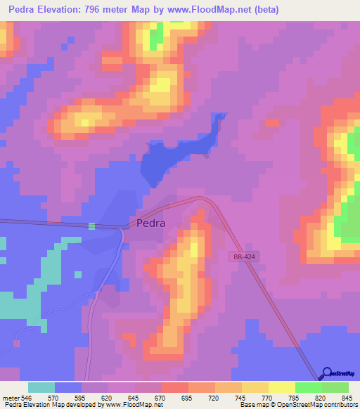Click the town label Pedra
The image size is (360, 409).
click(x=148, y=223)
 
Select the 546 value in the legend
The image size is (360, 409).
click(x=25, y=397)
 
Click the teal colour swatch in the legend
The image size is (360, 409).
click(x=41, y=387)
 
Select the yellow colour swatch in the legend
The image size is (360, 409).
click(x=281, y=387)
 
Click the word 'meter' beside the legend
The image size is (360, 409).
click(x=10, y=397)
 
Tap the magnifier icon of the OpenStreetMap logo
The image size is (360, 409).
click(x=326, y=374)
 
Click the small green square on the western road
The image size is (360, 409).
click(x=91, y=226)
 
